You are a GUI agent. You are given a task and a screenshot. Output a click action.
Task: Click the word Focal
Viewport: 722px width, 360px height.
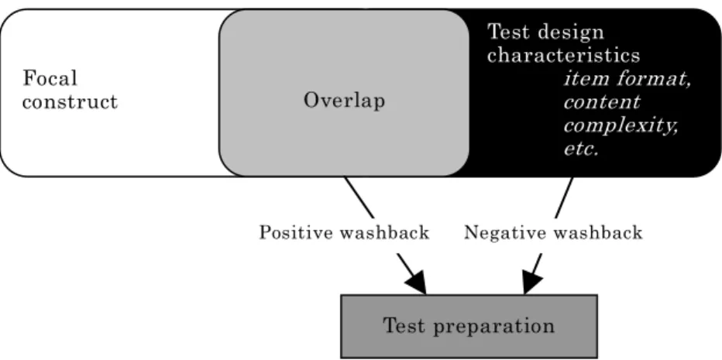[50, 78]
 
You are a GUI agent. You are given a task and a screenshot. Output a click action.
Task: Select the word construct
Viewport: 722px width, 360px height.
[70, 101]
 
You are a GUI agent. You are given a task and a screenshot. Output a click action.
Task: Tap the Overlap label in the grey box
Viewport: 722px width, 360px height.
[344, 101]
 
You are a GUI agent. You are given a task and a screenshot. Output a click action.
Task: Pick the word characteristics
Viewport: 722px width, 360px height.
[564, 56]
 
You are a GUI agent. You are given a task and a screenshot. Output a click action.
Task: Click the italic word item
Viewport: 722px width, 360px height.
[585, 79]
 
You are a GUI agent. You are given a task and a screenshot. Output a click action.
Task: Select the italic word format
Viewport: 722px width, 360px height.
[653, 80]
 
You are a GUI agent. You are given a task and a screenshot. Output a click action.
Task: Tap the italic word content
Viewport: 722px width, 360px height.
[602, 102]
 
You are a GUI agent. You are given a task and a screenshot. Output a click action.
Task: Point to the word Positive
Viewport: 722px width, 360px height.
[297, 232]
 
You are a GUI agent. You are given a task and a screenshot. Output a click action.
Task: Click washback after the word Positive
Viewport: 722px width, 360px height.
[384, 232]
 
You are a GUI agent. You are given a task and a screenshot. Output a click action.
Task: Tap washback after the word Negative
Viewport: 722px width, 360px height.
[598, 232]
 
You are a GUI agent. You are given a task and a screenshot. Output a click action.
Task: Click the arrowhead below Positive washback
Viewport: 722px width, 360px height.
[418, 283]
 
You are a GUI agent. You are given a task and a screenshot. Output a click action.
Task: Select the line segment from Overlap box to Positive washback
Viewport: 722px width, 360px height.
[359, 197]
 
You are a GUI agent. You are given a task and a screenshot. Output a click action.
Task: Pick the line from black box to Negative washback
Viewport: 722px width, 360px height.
[564, 197]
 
